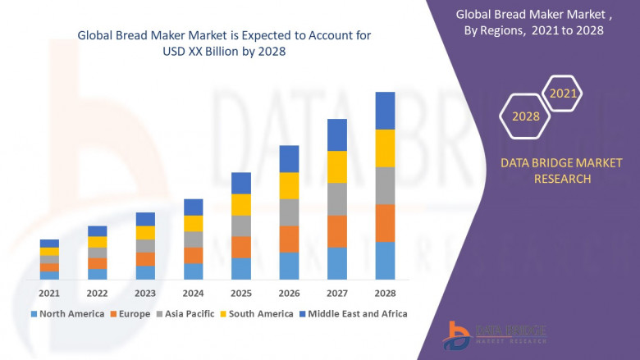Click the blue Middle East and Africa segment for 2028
[385, 111]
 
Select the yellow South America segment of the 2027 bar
[336, 167]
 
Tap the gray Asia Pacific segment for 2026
[289, 212]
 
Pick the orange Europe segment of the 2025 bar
[240, 247]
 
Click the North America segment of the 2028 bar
[385, 261]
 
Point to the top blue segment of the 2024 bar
[193, 207]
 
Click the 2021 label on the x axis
[49, 293]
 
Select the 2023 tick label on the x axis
[145, 293]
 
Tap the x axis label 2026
[289, 293]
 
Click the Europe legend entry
[132, 313]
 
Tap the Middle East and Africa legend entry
[355, 313]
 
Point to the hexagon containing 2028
[526, 116]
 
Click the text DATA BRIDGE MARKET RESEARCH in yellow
[546, 171]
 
